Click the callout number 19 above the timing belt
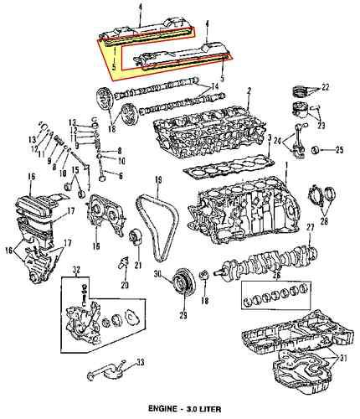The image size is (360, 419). tap(157, 180)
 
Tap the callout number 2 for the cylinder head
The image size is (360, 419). tap(249, 90)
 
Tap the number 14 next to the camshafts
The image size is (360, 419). tap(215, 86)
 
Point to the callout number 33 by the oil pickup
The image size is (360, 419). tap(140, 363)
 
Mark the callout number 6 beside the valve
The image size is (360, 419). tap(120, 175)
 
